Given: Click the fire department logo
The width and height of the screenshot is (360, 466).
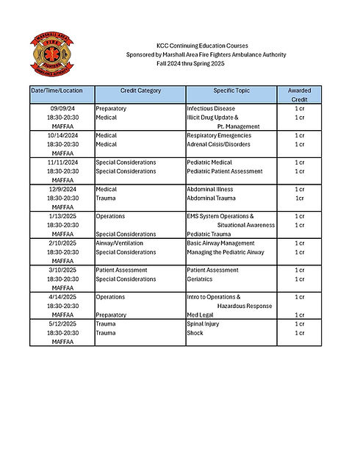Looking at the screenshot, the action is tap(52, 54).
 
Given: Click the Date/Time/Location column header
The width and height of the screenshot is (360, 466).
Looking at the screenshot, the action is tap(57, 90).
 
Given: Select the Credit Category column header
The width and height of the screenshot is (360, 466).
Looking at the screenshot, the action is tap(140, 90).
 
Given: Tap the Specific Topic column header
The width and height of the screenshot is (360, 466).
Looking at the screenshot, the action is tap(230, 90).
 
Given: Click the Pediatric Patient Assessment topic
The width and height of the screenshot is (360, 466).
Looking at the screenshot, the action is tap(224, 171).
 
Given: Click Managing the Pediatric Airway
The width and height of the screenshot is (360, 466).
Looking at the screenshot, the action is tap(223, 252).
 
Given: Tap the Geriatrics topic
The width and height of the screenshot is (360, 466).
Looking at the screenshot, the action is tap(201, 279).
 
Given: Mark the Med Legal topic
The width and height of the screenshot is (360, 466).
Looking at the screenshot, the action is tap(201, 315).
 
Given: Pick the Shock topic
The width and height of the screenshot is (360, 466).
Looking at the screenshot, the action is tap(195, 333).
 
